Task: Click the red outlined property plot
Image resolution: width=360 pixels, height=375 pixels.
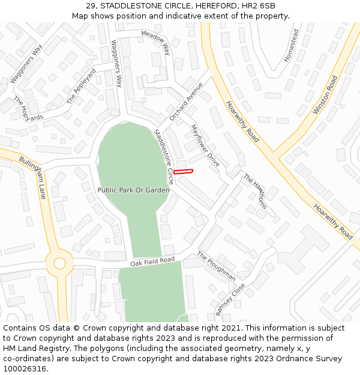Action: click(183, 172)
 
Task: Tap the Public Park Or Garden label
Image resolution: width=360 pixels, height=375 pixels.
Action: click(133, 190)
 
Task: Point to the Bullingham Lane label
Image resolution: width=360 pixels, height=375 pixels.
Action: click(32, 179)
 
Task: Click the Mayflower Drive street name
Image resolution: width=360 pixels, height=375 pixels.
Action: click(205, 145)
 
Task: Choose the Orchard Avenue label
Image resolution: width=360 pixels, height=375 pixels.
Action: click(186, 101)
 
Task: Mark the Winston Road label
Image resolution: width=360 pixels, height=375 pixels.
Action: click(325, 95)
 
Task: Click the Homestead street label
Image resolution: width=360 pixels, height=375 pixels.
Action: click(290, 46)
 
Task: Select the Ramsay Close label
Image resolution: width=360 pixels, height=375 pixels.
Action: click(230, 299)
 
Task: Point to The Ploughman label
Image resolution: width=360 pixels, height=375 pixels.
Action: click(216, 266)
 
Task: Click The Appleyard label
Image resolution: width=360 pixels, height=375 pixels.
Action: click(81, 87)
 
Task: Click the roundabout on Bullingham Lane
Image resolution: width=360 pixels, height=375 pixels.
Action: click(59, 263)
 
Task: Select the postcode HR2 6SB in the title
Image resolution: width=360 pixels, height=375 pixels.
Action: click(259, 5)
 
